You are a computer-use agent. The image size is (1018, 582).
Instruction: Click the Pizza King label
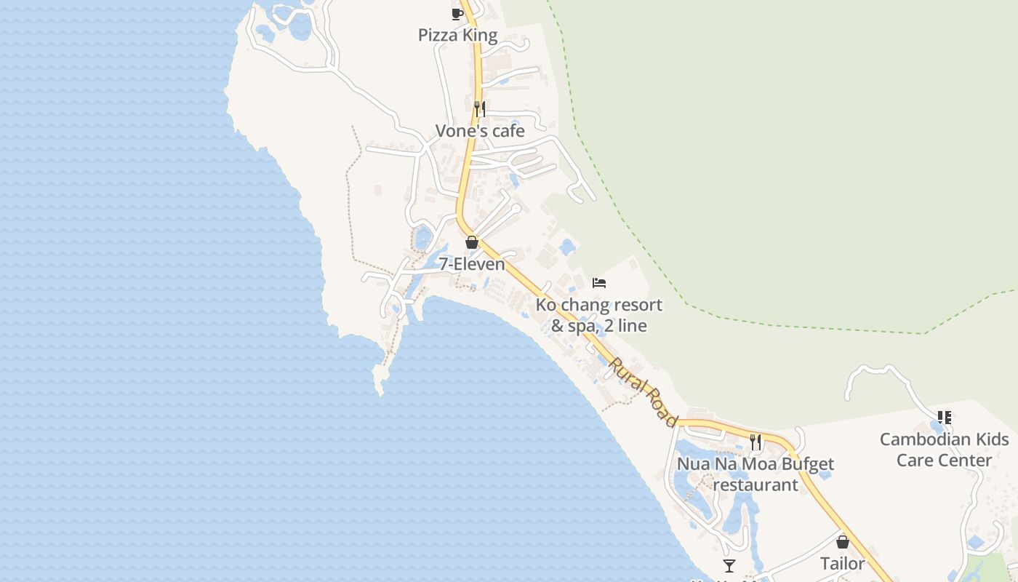pyautogui.click(x=457, y=35)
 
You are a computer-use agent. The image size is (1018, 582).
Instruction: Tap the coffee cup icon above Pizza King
pyautogui.click(x=457, y=14)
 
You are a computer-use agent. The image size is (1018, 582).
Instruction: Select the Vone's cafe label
pyautogui.click(x=480, y=131)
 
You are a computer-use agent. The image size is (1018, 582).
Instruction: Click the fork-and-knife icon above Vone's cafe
pyautogui.click(x=480, y=109)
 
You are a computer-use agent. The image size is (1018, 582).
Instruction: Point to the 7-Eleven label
pyautogui.click(x=472, y=264)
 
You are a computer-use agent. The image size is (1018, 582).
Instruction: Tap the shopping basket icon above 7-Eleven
pyautogui.click(x=472, y=242)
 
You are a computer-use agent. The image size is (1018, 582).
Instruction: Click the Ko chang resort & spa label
pyautogui.click(x=599, y=315)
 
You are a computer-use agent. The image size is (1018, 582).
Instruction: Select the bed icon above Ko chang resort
pyautogui.click(x=599, y=282)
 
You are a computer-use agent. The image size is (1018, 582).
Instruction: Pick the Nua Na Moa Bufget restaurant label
pyautogui.click(x=756, y=474)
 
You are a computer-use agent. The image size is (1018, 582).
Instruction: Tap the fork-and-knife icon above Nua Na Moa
pyautogui.click(x=756, y=442)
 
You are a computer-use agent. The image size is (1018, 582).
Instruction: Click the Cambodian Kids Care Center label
pyautogui.click(x=944, y=450)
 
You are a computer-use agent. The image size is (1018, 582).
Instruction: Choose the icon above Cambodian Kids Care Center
pyautogui.click(x=944, y=418)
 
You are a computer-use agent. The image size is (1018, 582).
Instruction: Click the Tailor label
pyautogui.click(x=843, y=564)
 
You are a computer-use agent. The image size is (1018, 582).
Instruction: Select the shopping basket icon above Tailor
pyautogui.click(x=843, y=542)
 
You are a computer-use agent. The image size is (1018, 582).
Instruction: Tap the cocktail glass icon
pyautogui.click(x=729, y=566)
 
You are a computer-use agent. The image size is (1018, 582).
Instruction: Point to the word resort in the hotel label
pyautogui.click(x=627, y=305)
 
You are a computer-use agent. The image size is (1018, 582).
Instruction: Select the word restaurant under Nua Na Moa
pyautogui.click(x=756, y=485)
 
